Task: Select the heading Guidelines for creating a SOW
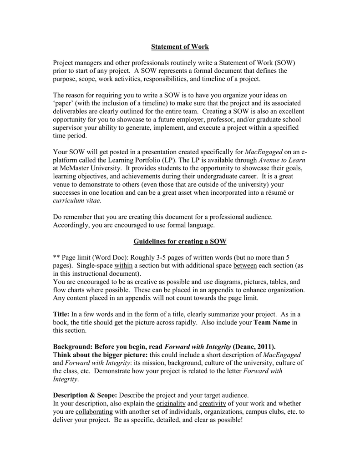pos(180,241)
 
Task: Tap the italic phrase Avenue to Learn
pos(282,160)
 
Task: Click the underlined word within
pos(123,265)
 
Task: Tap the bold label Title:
pos(61,314)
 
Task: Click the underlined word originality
pos(171,403)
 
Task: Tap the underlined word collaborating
pos(94,411)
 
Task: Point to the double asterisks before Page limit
pos(56,257)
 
